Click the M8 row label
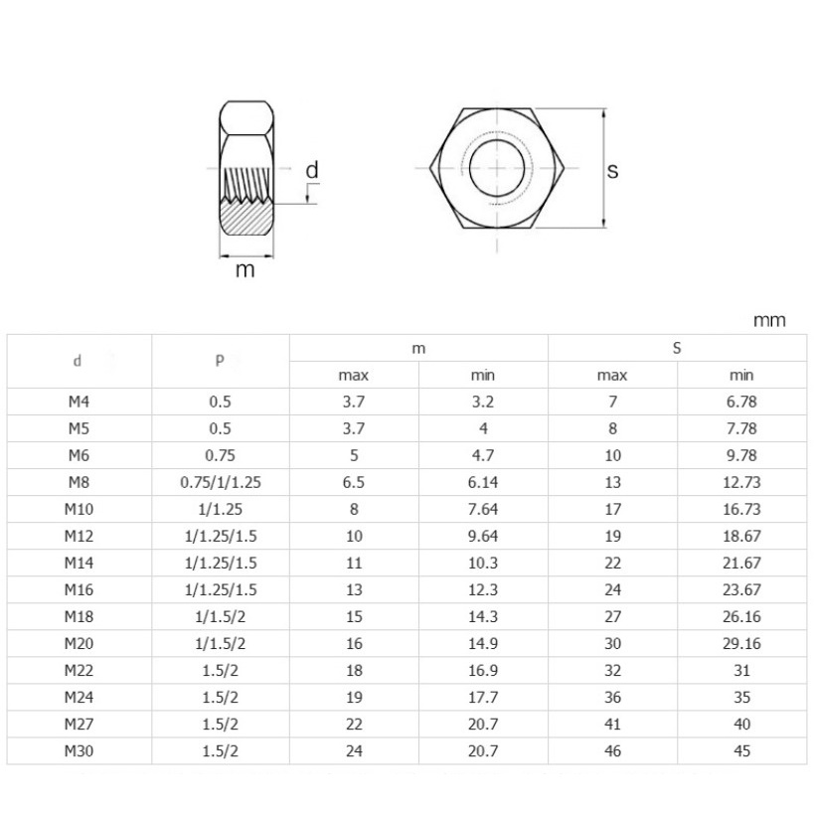[x=79, y=482]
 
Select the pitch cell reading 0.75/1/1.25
[x=221, y=482]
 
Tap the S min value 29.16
[x=741, y=643]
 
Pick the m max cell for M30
[x=354, y=751]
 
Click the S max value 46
[x=613, y=751]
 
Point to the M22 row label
[x=79, y=671]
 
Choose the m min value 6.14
[x=483, y=482]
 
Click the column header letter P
[x=220, y=360]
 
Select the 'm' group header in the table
[x=418, y=348]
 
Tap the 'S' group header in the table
[x=677, y=348]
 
